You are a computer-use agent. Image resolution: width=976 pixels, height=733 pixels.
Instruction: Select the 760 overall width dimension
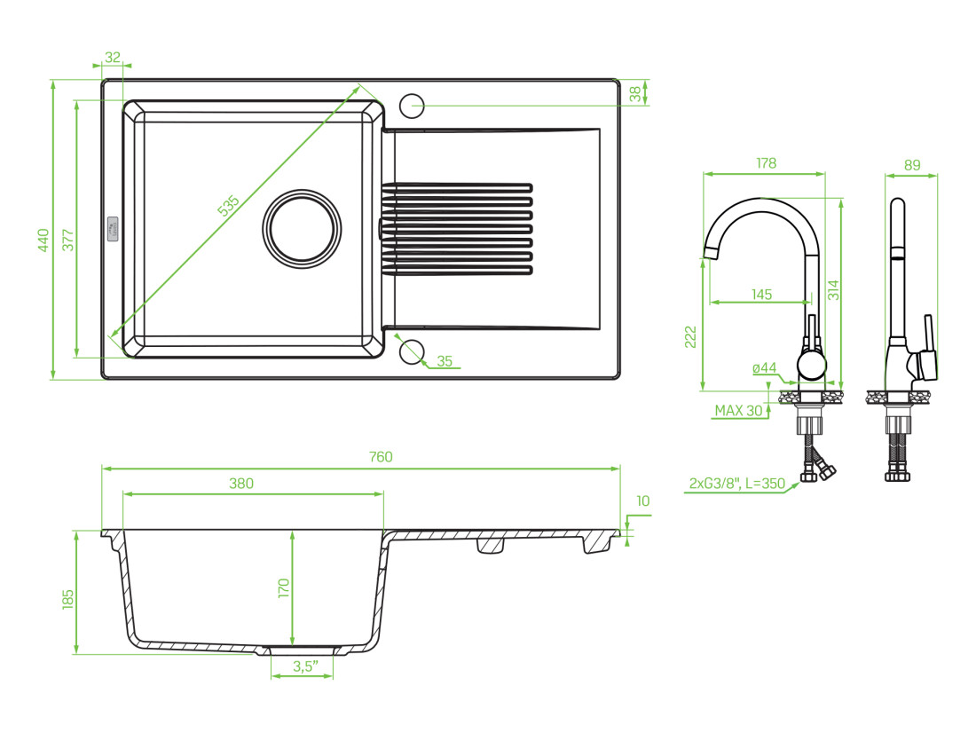pyautogui.click(x=380, y=457)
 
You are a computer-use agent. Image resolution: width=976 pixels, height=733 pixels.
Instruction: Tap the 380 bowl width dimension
pyautogui.click(x=241, y=484)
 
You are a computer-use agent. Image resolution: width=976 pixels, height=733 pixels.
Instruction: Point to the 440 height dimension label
pyautogui.click(x=43, y=240)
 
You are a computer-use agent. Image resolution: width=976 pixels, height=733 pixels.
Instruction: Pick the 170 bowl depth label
pyautogui.click(x=284, y=589)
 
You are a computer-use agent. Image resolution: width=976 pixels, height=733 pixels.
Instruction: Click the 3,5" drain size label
pyautogui.click(x=303, y=667)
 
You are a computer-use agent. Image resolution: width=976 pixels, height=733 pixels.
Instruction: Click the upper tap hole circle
pyautogui.click(x=412, y=105)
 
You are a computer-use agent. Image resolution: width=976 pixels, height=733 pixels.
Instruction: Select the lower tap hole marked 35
pyautogui.click(x=411, y=351)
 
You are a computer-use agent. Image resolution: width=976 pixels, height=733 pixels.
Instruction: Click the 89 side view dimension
pyautogui.click(x=912, y=164)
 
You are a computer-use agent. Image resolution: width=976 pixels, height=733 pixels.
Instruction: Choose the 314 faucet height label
pyautogui.click(x=832, y=290)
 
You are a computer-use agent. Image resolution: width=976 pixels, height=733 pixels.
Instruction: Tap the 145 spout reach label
pyautogui.click(x=761, y=295)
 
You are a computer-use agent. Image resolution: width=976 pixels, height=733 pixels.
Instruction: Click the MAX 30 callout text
pyautogui.click(x=738, y=410)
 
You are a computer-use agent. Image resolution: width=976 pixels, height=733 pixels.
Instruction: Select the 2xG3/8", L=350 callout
pyautogui.click(x=737, y=484)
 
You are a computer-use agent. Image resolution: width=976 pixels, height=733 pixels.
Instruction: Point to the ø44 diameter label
pyautogui.click(x=764, y=367)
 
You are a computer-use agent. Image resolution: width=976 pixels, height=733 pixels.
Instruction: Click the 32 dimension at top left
pyautogui.click(x=113, y=57)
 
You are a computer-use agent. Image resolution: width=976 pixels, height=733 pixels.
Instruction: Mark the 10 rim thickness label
pyautogui.click(x=642, y=501)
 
